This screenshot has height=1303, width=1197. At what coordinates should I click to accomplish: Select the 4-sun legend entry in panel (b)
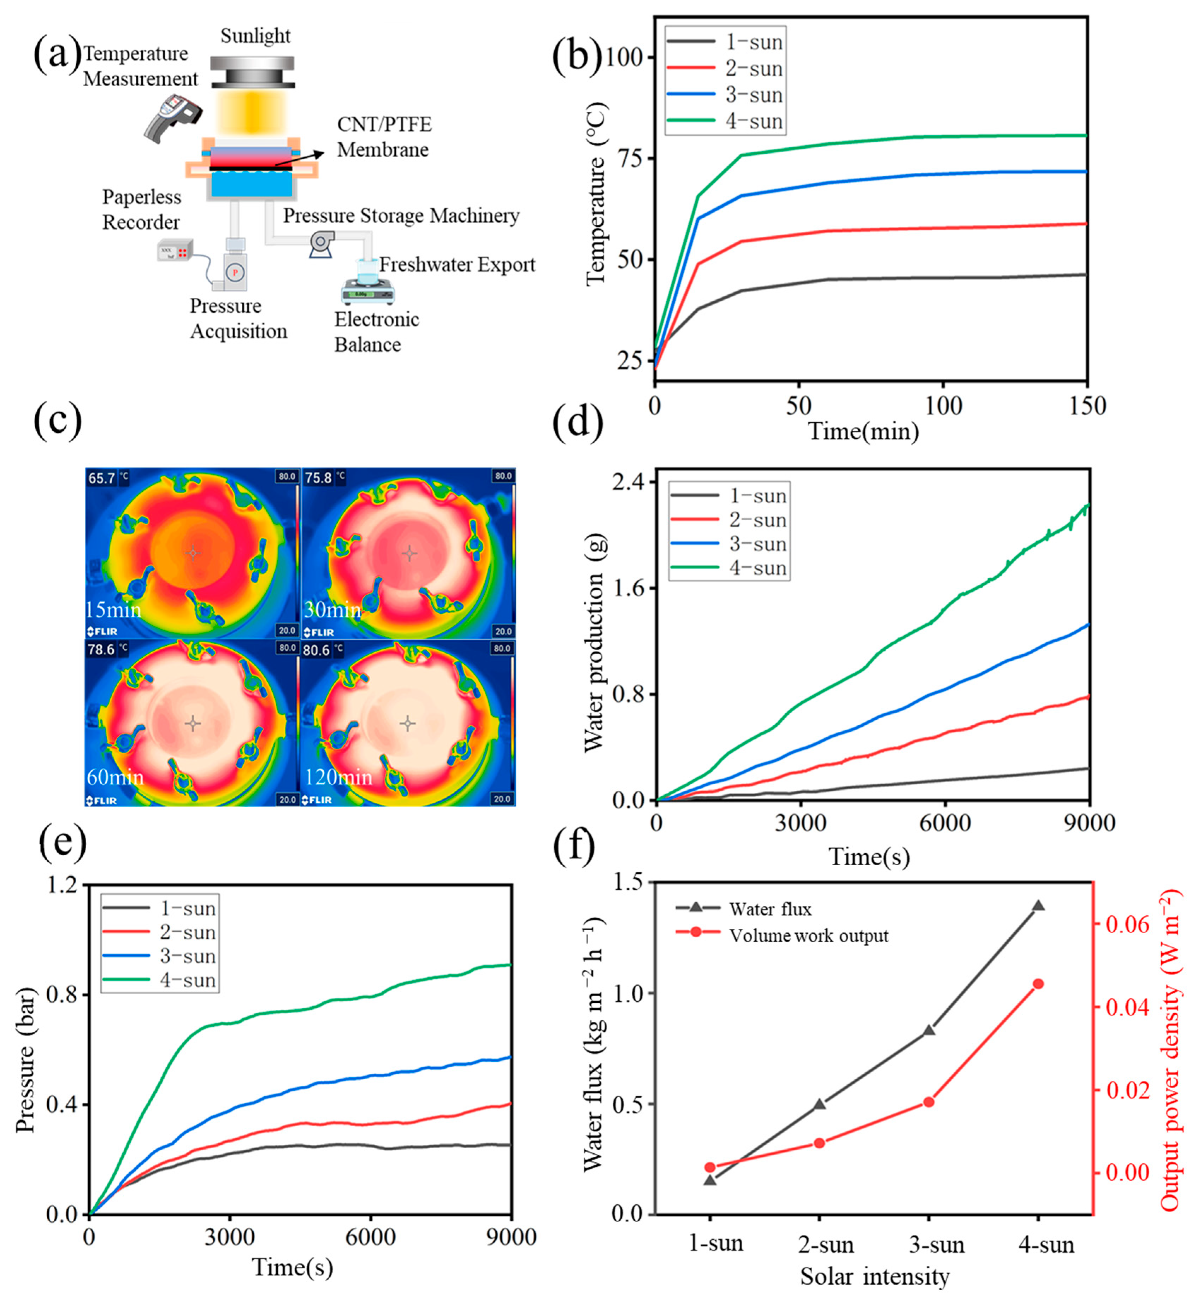click(x=725, y=121)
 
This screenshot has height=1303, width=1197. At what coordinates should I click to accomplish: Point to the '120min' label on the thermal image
click(x=338, y=777)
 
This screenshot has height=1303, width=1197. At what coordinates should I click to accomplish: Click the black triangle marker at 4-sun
click(x=1038, y=906)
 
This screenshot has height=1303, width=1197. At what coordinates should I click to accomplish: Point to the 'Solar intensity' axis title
click(x=874, y=1277)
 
